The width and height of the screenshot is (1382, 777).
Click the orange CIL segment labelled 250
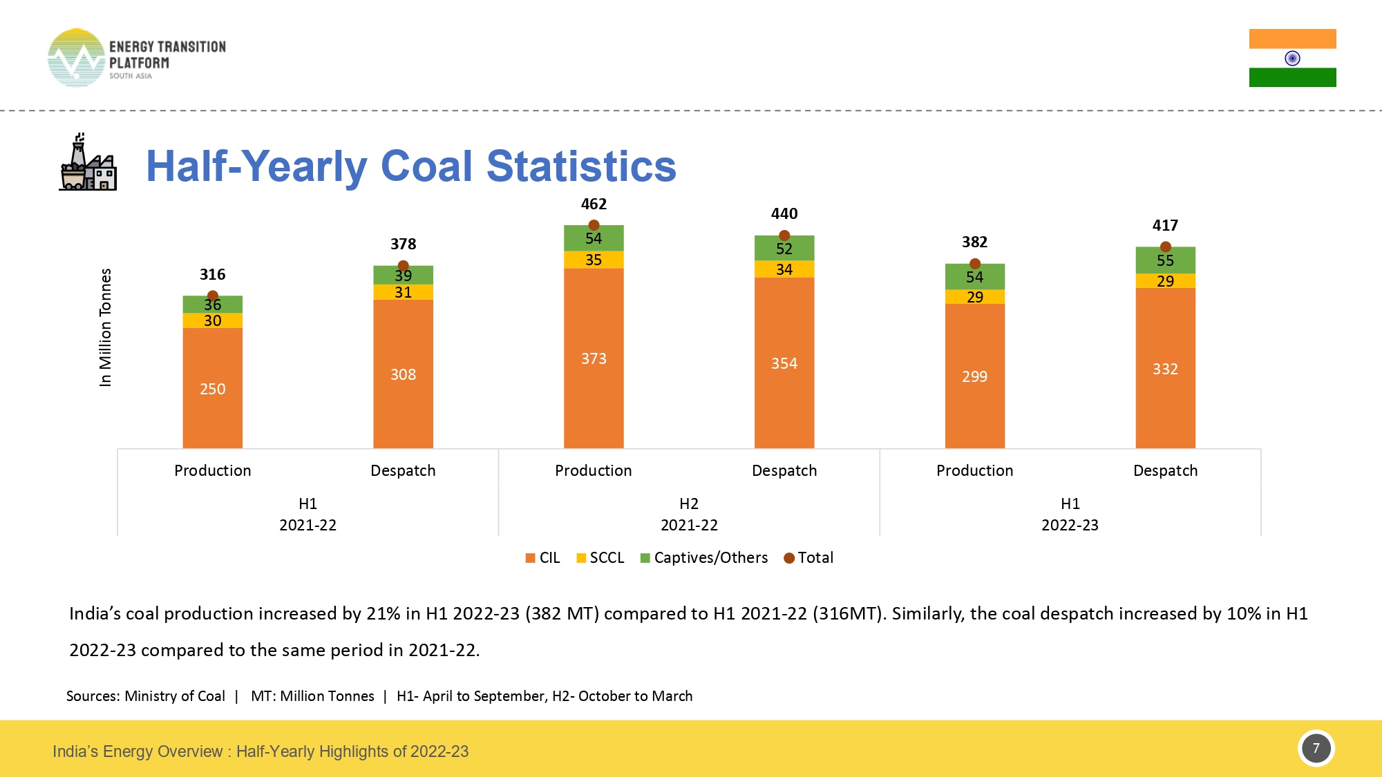coord(213,388)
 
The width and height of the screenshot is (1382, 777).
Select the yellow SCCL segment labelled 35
coord(594,260)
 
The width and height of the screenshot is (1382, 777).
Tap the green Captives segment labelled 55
coord(1165,260)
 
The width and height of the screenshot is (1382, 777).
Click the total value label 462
coord(594,204)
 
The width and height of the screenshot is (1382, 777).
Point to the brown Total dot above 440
coord(784,236)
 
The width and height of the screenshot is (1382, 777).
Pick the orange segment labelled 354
coord(784,363)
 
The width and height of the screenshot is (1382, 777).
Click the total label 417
coord(1165,226)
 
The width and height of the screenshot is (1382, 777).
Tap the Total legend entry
coord(808,558)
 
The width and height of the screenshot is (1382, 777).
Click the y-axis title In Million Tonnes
coord(105,327)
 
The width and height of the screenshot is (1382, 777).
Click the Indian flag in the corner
coord(1292,58)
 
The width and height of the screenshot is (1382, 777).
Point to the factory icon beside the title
coord(88,163)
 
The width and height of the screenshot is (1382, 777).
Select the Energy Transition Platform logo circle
coord(76,58)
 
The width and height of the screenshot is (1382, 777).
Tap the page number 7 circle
coord(1316,749)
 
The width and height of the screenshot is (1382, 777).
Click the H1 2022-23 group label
coord(1070,515)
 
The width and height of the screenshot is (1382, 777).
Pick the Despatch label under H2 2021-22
coord(784,471)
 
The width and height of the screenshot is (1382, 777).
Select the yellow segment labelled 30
coord(213,320)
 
